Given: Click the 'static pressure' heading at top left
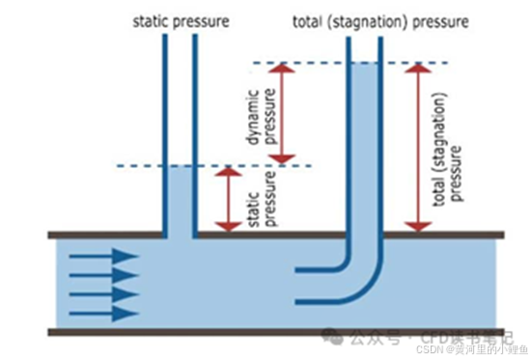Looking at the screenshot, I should pos(180,19).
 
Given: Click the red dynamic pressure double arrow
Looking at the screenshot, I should pos(281,112).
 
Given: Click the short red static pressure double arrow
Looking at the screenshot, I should pos(227,199).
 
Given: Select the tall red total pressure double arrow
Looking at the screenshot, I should pos(417,148).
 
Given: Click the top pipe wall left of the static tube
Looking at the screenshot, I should pos(106,235).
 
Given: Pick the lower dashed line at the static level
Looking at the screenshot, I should pos(212,166).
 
